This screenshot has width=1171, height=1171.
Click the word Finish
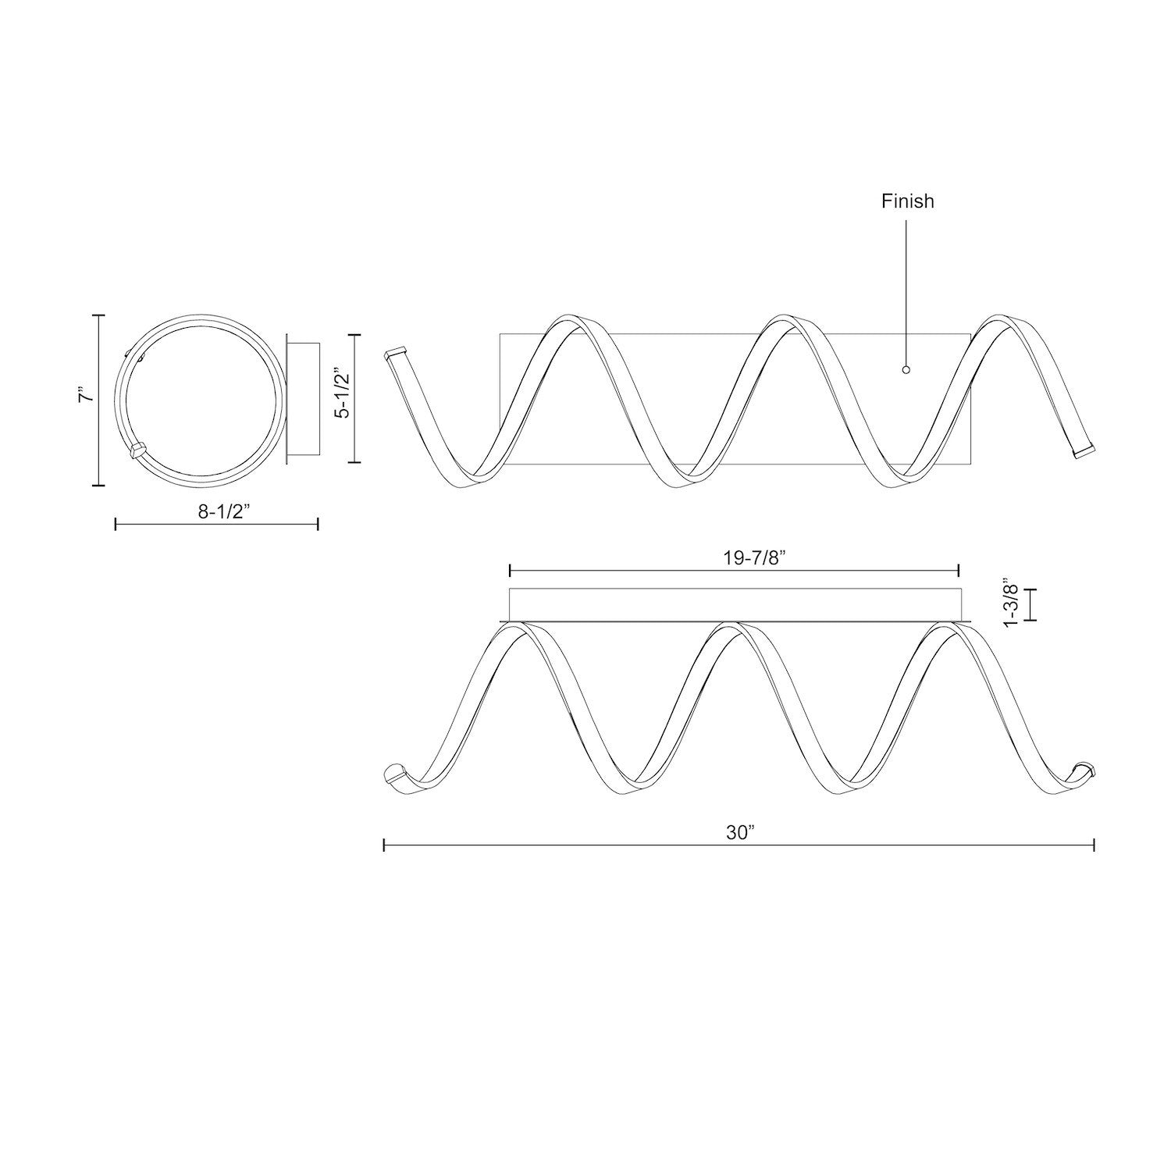[x=907, y=201]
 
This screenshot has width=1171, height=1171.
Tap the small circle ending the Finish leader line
[x=906, y=370]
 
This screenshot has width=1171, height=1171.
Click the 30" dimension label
[x=737, y=832]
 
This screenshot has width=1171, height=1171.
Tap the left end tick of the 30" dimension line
[x=384, y=845]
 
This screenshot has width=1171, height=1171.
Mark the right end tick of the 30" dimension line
[x=1094, y=845]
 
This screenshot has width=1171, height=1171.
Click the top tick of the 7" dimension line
[x=98, y=315]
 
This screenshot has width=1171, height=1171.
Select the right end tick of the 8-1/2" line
[x=318, y=524]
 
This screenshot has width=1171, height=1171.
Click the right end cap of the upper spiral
[x=1084, y=452]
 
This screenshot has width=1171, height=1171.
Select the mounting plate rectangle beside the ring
[x=303, y=399]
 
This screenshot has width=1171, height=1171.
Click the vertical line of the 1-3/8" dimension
[x=1033, y=604]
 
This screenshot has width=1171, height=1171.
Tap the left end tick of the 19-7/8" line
[x=509, y=571]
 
